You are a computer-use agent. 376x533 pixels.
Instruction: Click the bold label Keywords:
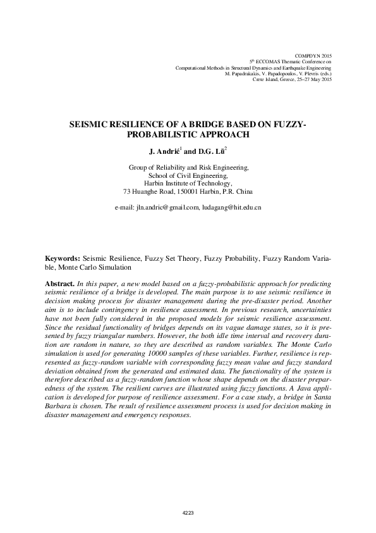tap(62, 260)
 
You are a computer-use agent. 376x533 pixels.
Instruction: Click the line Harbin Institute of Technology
tap(188, 184)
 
